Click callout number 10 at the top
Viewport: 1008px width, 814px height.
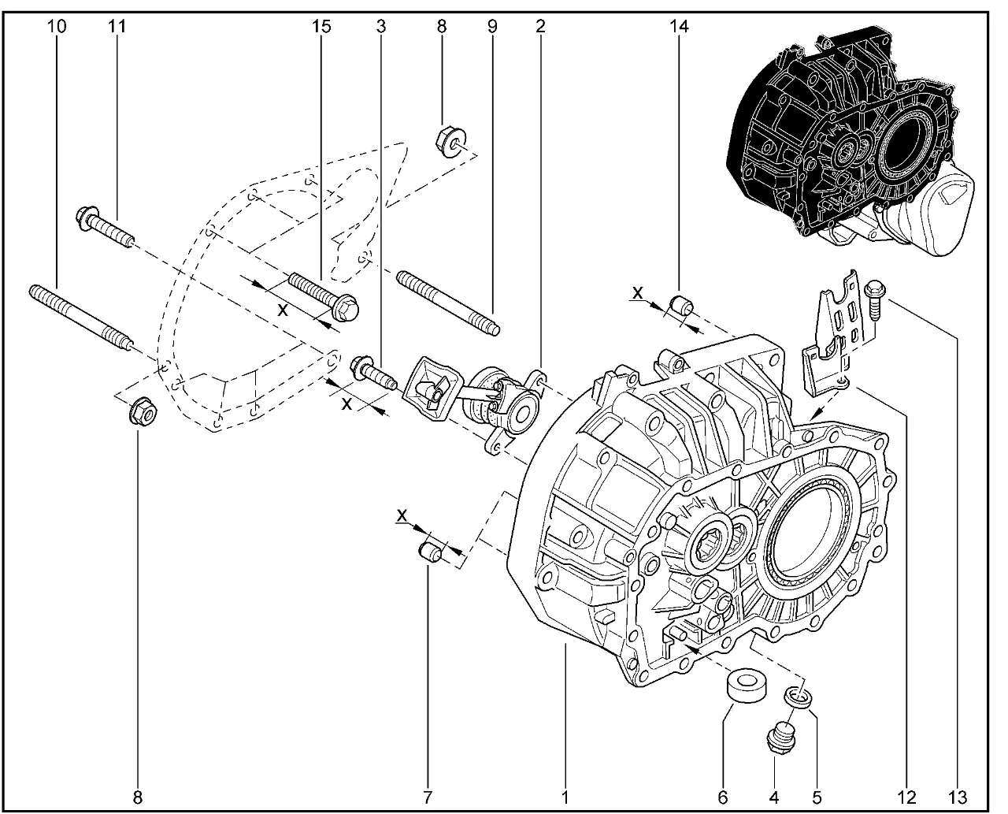[x=56, y=26]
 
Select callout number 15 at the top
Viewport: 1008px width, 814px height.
[x=321, y=26]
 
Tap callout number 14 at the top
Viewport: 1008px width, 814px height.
[x=679, y=26]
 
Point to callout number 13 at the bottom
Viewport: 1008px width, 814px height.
[x=958, y=797]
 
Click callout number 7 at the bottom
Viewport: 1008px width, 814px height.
[x=428, y=797]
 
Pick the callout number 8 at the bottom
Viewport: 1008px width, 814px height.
[x=138, y=797]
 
